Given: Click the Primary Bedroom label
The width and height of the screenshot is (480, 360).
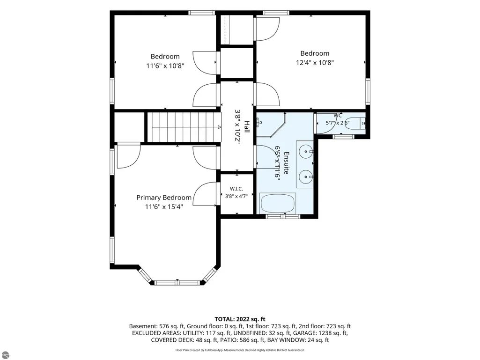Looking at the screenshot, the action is click(164, 198).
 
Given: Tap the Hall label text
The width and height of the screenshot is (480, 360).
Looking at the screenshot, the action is click(247, 127).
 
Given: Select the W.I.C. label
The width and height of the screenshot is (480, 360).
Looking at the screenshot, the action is click(236, 189).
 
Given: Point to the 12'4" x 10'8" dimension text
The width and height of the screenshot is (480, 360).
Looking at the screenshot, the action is click(315, 63).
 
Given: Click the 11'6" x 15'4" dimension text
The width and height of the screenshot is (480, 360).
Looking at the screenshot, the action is click(164, 207).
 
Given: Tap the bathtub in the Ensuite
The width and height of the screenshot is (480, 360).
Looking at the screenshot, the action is click(278, 203).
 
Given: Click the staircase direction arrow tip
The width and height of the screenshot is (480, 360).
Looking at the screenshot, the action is click(221, 127).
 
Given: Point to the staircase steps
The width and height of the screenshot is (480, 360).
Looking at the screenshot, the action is click(184, 127).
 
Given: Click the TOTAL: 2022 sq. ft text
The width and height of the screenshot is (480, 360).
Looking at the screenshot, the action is click(240, 319).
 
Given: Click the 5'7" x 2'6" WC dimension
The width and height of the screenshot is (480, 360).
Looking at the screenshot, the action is click(337, 123).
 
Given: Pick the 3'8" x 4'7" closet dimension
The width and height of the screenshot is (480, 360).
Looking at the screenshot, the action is click(236, 196).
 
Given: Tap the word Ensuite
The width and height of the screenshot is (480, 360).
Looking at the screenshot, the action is click(286, 163).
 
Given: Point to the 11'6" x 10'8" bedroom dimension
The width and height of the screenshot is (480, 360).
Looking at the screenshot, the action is click(165, 66).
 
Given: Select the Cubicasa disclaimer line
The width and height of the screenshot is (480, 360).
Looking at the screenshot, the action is click(240, 350).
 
